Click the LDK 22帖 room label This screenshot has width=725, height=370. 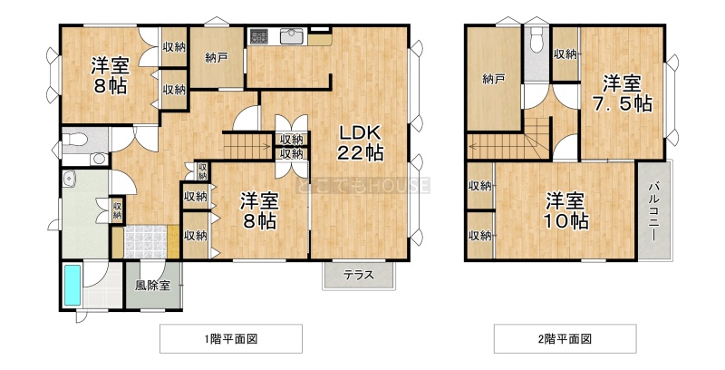tap(360, 142)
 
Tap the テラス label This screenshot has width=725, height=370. tap(358, 276)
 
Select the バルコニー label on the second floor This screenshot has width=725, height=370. tap(653, 212)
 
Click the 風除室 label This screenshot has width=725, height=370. tap(152, 286)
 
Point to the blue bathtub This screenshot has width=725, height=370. tap(72, 285)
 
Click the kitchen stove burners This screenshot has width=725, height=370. tap(259, 36)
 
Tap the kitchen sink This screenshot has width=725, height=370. tap(291, 36)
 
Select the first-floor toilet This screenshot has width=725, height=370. tap(75, 138)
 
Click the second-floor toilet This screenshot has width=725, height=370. tap(536, 40)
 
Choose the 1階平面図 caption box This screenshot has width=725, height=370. tap(231, 339)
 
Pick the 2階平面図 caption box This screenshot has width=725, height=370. tap(565, 339)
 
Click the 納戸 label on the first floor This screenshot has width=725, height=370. tap(217, 58)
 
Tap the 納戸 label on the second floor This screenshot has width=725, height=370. tap(493, 80)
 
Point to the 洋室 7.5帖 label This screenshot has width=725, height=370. tap(623, 94)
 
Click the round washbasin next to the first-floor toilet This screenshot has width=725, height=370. tap(99, 159)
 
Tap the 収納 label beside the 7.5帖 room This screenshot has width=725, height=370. tap(565, 54)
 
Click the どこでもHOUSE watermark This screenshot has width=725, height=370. tap(363, 186)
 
